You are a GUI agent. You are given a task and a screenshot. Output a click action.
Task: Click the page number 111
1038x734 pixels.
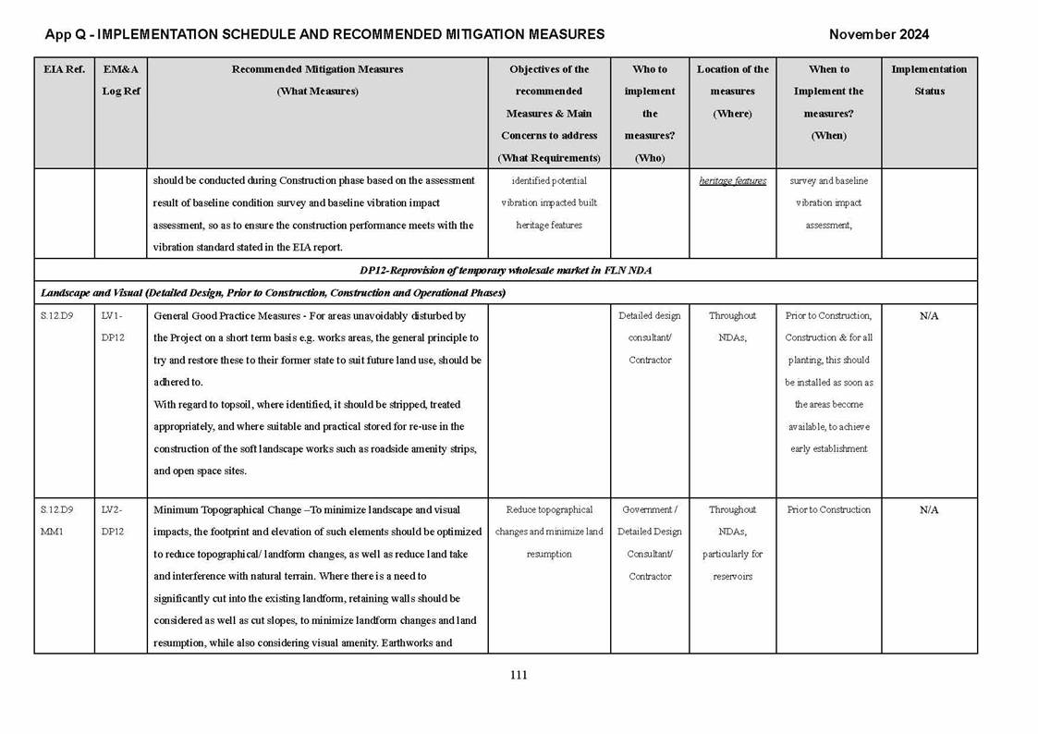coord(519,675)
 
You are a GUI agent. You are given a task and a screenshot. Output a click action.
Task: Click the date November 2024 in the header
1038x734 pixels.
coord(878,34)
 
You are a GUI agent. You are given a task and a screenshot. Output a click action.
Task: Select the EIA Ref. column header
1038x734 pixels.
coord(64,69)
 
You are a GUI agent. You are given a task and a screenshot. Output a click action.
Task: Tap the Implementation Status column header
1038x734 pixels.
coord(928,80)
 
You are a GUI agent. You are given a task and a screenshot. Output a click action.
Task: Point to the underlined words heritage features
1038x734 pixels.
coord(732,181)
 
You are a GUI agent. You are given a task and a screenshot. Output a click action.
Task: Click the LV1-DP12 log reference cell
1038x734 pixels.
coord(113,326)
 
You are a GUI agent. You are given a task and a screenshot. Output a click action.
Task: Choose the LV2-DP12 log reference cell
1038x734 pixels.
coord(113,520)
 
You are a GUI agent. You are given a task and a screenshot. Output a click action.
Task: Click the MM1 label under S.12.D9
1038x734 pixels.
coord(51,532)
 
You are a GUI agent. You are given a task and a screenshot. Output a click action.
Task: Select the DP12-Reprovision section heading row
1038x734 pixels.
coord(506,270)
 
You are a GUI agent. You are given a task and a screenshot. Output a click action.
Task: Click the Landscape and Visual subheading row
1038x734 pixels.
coord(272,292)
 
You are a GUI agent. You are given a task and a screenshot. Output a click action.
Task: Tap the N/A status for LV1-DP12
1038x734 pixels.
coord(929,316)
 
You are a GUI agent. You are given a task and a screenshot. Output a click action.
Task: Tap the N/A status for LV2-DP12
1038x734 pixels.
coord(929,510)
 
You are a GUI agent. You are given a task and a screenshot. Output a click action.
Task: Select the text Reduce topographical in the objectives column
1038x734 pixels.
coord(549,510)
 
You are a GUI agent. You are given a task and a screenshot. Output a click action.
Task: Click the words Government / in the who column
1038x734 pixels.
coord(650,510)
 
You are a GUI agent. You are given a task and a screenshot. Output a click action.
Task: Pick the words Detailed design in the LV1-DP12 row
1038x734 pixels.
coord(650,316)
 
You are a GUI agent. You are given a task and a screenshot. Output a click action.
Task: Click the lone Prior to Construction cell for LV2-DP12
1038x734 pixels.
coord(828,510)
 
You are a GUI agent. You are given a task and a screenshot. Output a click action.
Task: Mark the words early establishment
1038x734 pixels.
coord(828,449)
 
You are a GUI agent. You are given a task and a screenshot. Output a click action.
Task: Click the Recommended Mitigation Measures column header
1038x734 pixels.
coord(317,69)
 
